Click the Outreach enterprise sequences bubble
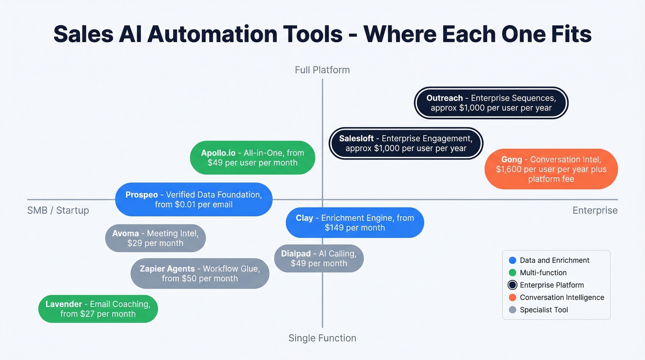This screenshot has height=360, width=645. coord(491,103)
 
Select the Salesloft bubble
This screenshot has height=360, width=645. coord(405,143)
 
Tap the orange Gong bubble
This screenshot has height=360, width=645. coord(551,169)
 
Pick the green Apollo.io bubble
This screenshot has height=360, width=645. coord(252,158)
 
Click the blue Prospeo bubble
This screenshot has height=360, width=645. coord(193,200)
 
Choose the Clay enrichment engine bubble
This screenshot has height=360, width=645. coord(355,223)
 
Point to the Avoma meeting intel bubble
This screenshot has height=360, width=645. coord(155,238)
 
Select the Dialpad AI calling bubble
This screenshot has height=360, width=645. coord(319,259)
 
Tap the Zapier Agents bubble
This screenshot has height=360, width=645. coord(199,273)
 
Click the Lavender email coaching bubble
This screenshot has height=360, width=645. coord(98,309)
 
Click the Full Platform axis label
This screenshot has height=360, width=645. coord(322,70)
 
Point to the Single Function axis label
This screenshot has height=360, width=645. coord(322,338)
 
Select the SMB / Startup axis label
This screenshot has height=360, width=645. coord(58,211)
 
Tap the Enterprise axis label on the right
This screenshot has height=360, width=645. coord(595,211)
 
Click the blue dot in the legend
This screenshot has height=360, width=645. coord(512,260)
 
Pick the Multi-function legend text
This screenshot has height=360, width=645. coord(543,273)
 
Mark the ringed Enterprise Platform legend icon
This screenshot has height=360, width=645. coord(512,285)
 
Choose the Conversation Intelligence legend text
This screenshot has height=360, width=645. coord(562,298)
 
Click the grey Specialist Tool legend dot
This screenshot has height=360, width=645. coord(512,310)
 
